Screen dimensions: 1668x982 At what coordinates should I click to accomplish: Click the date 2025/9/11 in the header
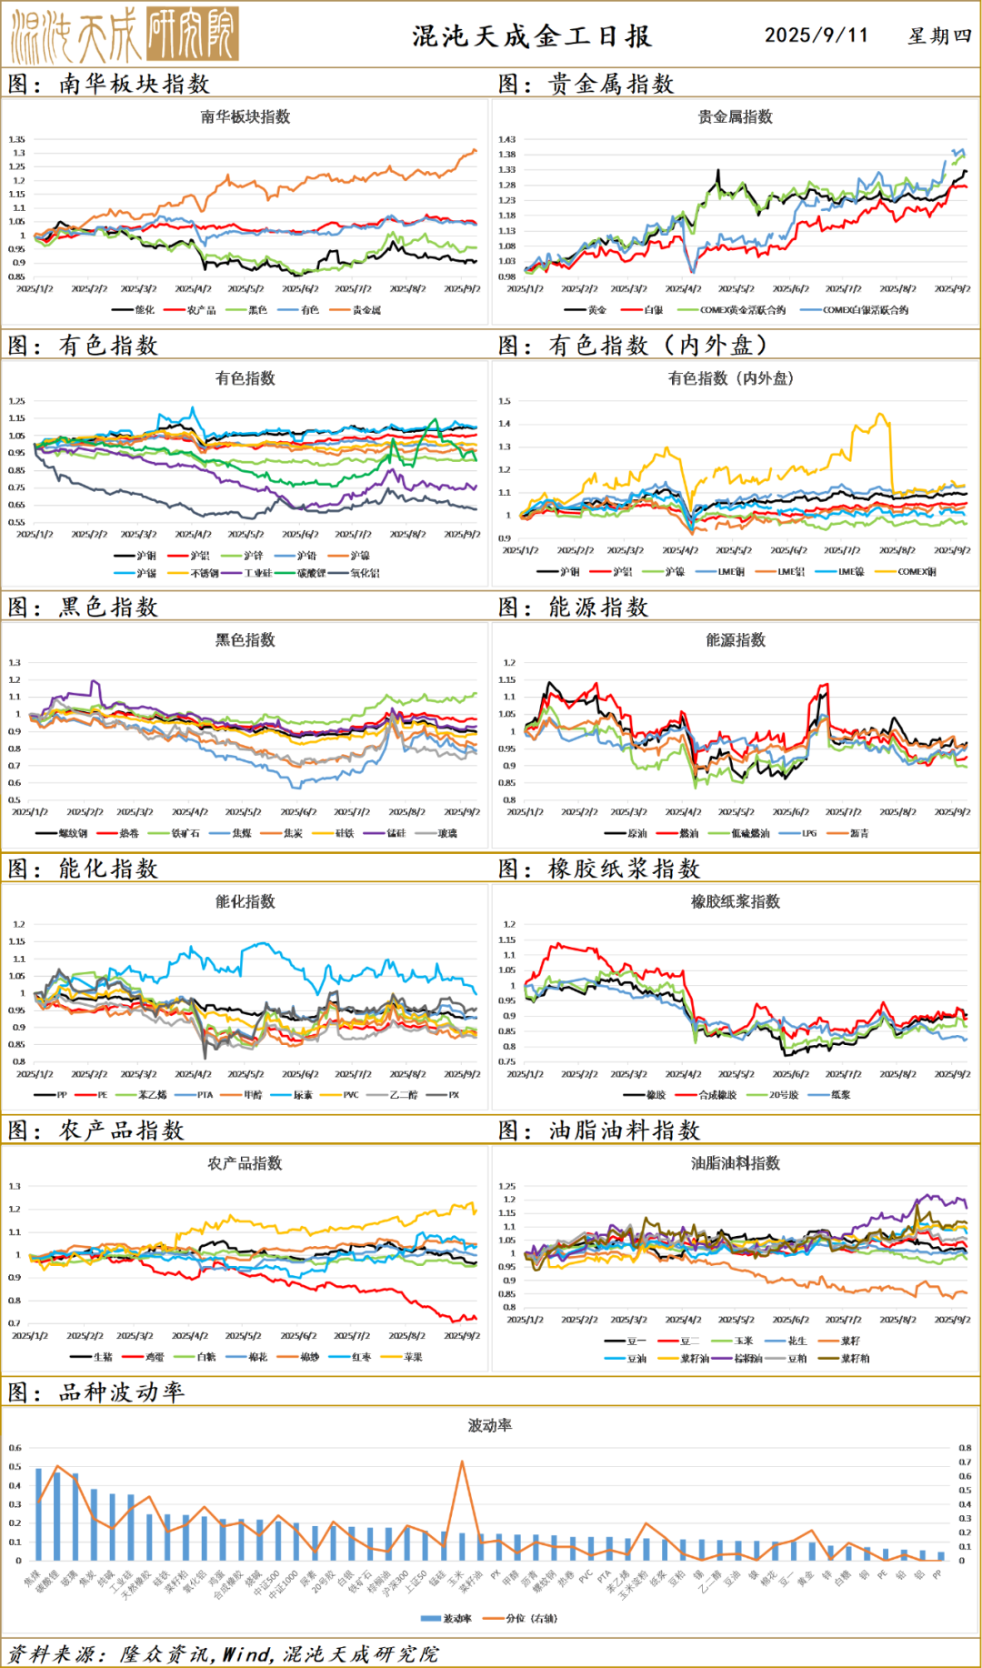coord(816,35)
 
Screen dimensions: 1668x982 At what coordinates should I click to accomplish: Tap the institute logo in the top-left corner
coord(125,35)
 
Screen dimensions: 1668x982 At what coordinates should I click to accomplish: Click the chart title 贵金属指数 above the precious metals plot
coord(735,116)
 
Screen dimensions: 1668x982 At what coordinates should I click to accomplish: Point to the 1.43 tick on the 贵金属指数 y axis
coord(506,139)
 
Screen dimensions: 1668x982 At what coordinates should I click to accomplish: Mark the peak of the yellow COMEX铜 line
coord(879,416)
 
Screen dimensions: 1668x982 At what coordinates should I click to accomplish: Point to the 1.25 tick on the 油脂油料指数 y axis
coord(506,1186)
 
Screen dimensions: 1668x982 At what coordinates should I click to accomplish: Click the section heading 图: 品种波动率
coord(96,1392)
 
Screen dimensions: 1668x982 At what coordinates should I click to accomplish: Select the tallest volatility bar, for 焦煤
coord(38,1514)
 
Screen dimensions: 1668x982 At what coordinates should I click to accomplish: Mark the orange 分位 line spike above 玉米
coord(462,1462)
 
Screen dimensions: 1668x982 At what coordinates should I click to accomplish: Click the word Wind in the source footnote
coord(247,1654)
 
